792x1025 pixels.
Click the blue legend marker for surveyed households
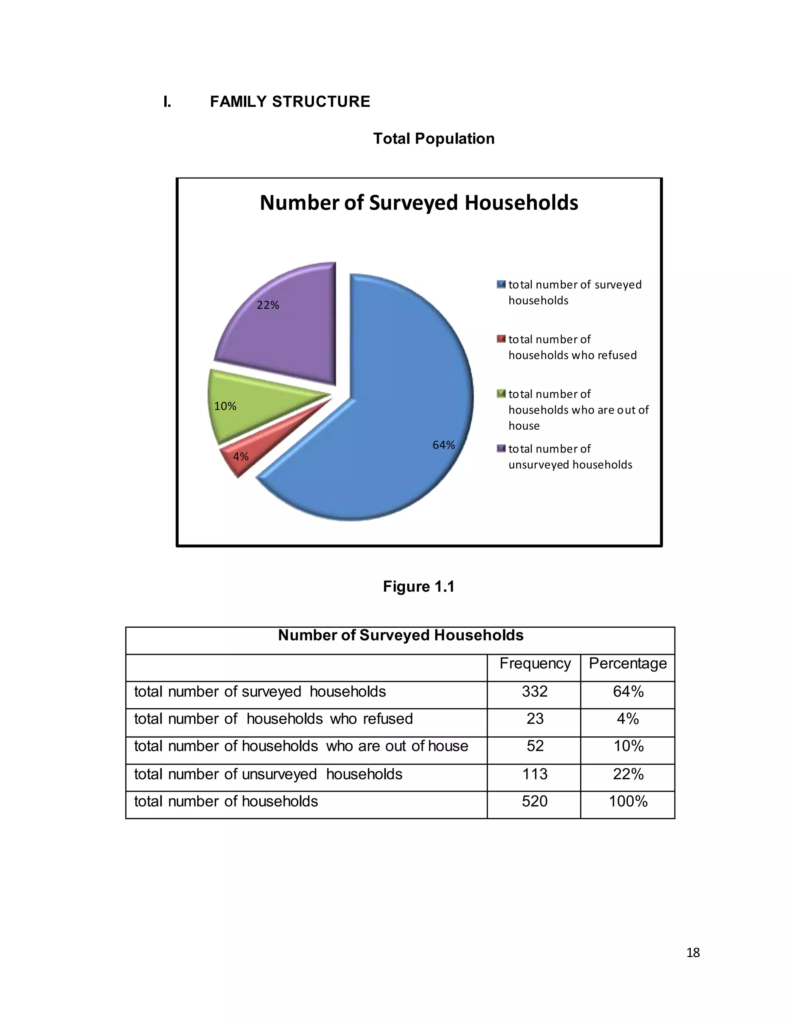(x=501, y=284)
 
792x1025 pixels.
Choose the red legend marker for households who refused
(x=501, y=339)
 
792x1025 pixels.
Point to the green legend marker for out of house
(x=501, y=394)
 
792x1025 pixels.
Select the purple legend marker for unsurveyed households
(x=501, y=449)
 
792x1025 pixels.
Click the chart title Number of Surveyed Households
(x=419, y=203)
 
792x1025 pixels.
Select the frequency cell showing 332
(x=535, y=691)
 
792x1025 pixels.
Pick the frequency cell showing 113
(x=535, y=774)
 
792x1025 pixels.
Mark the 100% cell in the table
(x=628, y=801)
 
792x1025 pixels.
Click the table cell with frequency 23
(x=535, y=719)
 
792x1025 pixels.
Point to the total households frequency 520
(x=535, y=801)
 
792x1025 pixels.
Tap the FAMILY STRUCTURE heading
(x=290, y=102)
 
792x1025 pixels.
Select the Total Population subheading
(x=434, y=139)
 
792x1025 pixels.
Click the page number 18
(x=693, y=953)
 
